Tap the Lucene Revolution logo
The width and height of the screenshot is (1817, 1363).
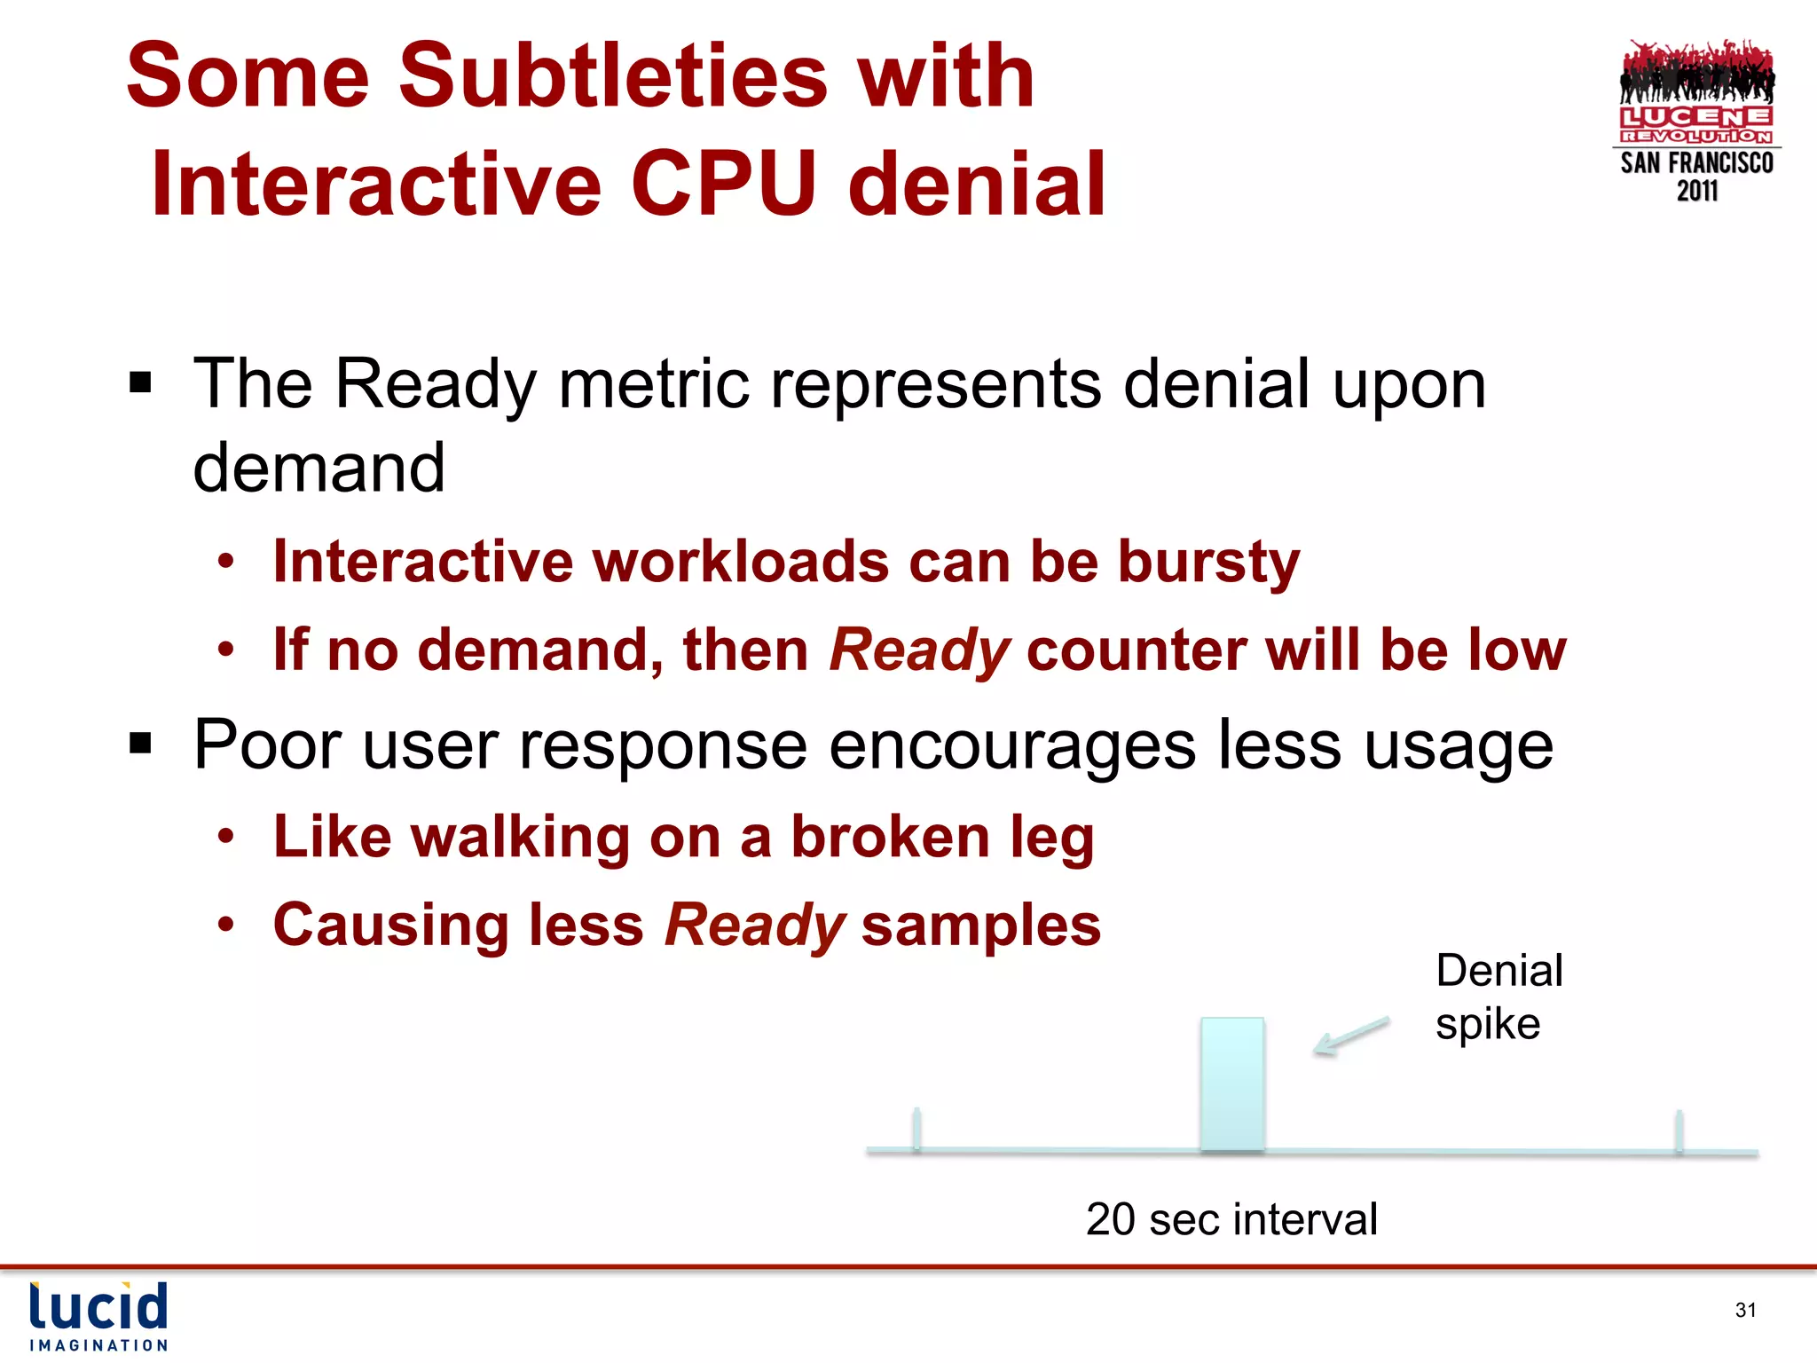click(1696, 93)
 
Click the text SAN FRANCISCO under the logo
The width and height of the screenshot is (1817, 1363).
click(1696, 163)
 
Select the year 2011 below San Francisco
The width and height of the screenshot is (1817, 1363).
click(1696, 191)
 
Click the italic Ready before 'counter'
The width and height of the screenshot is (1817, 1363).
click(919, 650)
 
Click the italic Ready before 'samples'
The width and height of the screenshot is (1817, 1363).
click(755, 926)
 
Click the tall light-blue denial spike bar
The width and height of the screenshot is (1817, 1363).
click(1232, 1084)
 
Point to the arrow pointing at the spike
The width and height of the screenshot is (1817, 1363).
click(1351, 1036)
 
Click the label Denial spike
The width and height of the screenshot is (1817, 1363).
click(1498, 997)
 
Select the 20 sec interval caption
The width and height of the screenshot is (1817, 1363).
click(1231, 1219)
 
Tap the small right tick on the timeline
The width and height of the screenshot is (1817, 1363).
click(1679, 1131)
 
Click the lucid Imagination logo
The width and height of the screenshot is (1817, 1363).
click(98, 1316)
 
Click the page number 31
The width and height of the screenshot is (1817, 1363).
click(1745, 1310)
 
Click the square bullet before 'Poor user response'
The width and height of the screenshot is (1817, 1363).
click(140, 743)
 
